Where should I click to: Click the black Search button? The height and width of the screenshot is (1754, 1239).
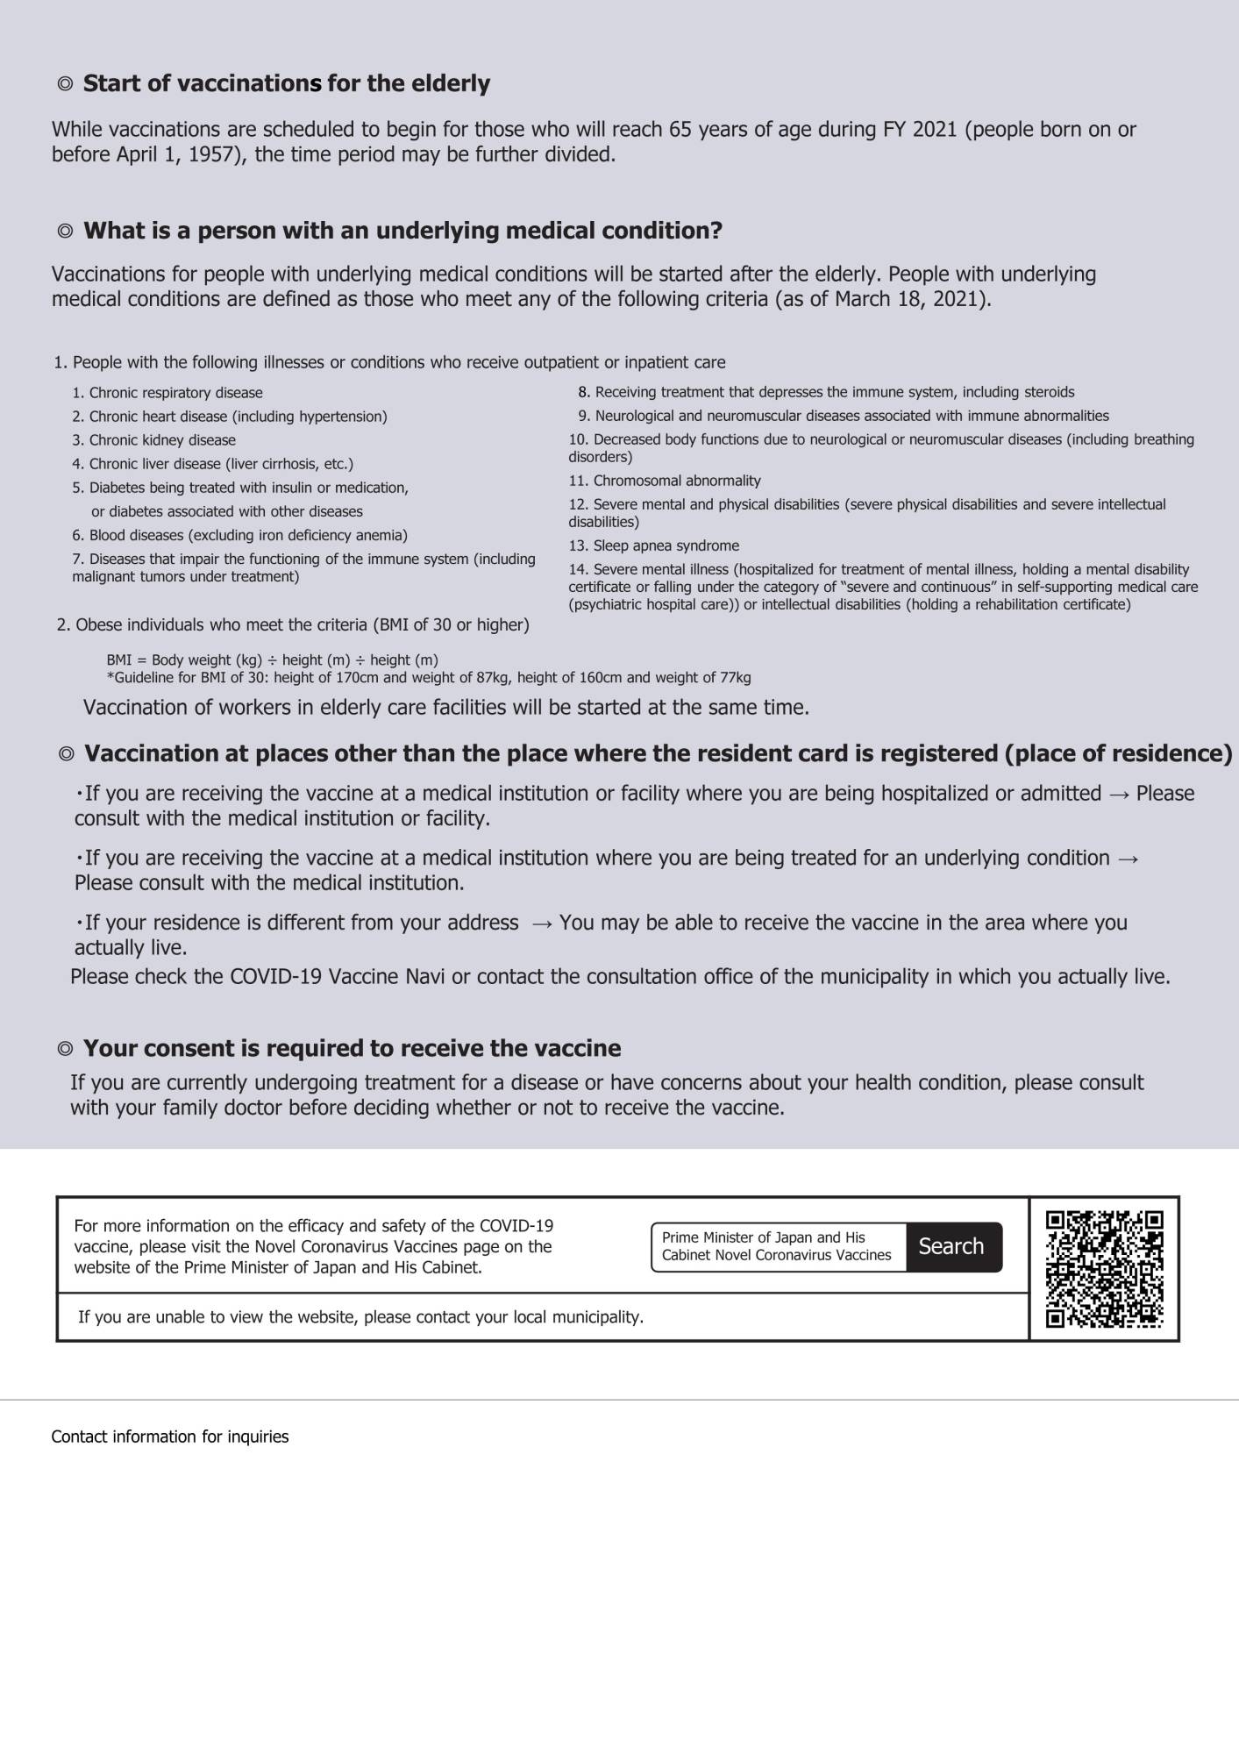(952, 1246)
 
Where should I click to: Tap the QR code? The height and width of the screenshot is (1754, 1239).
(1104, 1268)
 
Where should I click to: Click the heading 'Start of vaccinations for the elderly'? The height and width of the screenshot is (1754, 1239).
(286, 84)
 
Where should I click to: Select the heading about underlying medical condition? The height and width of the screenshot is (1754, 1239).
(402, 232)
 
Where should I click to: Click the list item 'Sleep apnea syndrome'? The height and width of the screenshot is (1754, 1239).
(654, 545)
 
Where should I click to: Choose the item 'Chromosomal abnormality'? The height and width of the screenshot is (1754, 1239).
(665, 481)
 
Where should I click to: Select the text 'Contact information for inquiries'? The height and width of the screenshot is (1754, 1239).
(170, 1437)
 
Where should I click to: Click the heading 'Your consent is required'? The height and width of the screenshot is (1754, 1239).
(352, 1049)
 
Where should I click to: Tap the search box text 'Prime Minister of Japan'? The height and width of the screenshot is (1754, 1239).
(763, 1237)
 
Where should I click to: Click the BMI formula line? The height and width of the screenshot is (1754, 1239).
(272, 660)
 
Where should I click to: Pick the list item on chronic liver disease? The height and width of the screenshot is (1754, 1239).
(213, 464)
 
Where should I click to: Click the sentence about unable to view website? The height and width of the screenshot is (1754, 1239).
(360, 1317)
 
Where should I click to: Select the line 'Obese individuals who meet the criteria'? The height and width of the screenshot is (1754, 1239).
(293, 625)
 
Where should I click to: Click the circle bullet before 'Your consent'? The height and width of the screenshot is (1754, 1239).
(65, 1050)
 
